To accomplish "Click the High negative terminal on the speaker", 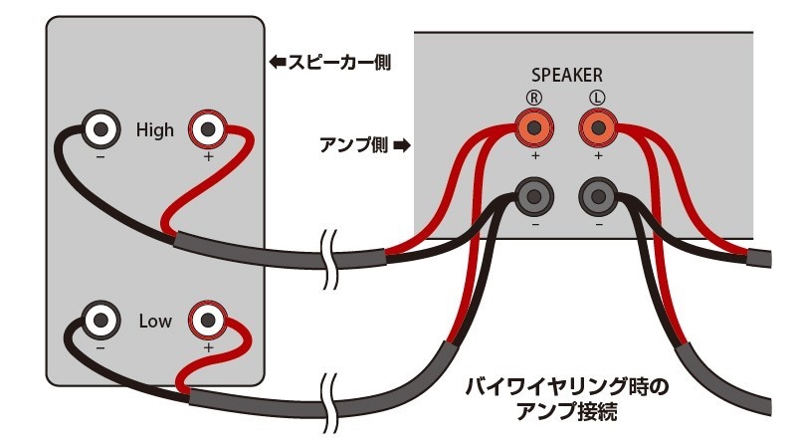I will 99,128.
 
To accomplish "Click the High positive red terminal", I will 208,128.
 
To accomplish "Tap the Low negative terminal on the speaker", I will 99,322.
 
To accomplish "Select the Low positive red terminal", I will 208,322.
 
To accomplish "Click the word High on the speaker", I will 154,129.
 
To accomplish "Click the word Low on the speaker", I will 154,322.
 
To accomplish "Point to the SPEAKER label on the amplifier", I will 567,75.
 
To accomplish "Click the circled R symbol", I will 534,98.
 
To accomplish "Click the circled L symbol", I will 597,98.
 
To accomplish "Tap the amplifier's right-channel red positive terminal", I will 534,126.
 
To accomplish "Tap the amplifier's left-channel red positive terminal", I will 597,126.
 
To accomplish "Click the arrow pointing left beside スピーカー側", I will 278,62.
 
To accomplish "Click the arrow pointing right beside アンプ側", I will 402,144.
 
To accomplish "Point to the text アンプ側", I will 357,144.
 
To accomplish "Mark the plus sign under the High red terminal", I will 208,156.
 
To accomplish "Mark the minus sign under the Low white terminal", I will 100,348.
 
